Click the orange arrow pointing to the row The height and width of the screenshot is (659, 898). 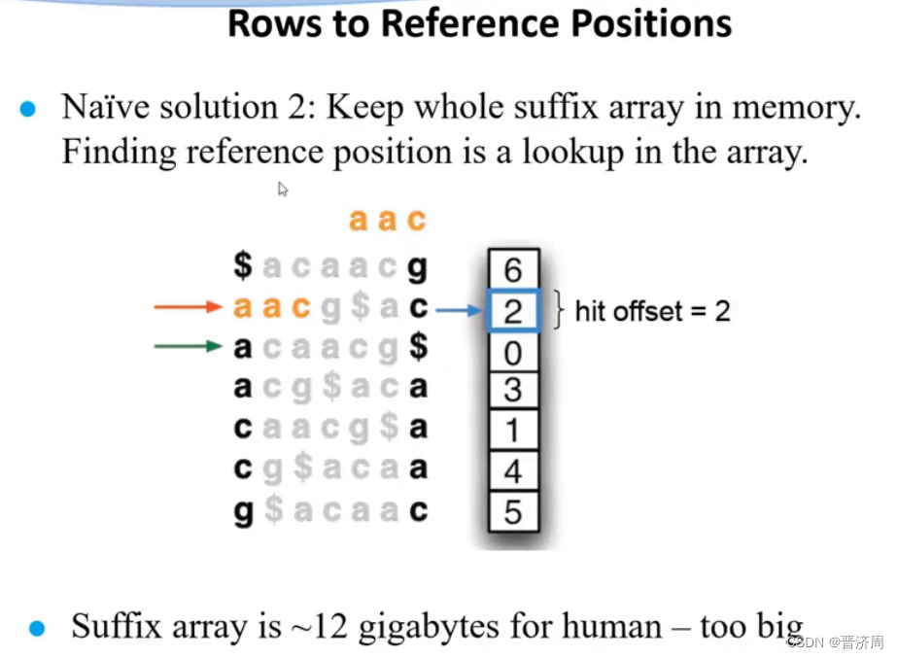pyautogui.click(x=189, y=308)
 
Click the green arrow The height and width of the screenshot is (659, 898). pyautogui.click(x=189, y=346)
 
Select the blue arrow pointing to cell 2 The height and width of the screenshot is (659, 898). pyautogui.click(x=459, y=311)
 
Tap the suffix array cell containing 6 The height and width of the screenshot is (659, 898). pyautogui.click(x=512, y=268)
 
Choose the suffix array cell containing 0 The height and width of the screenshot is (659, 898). pyautogui.click(x=512, y=350)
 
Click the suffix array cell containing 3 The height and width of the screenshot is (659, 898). pyautogui.click(x=512, y=390)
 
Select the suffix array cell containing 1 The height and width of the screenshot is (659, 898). pyautogui.click(x=512, y=431)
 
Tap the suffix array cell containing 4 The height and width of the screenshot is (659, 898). pyautogui.click(x=512, y=471)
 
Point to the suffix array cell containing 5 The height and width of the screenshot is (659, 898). pyautogui.click(x=512, y=511)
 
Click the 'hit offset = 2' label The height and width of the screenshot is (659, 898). pyautogui.click(x=652, y=311)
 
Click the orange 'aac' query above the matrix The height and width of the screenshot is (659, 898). pyautogui.click(x=387, y=221)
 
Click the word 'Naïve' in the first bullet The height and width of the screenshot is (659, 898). pyautogui.click(x=107, y=107)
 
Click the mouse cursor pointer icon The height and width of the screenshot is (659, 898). pyautogui.click(x=283, y=189)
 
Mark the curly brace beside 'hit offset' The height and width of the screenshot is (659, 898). pyautogui.click(x=558, y=310)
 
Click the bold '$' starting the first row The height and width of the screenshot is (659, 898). pyautogui.click(x=243, y=265)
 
